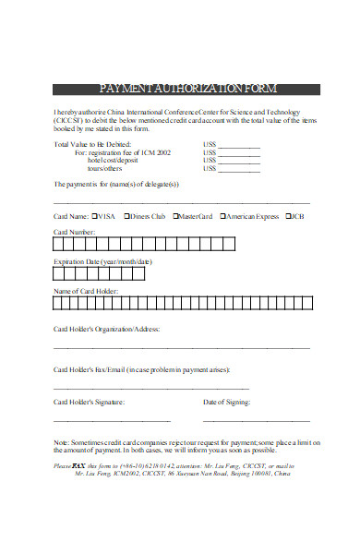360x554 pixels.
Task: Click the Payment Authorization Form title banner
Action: [x=186, y=90]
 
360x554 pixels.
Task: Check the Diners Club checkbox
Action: [x=126, y=216]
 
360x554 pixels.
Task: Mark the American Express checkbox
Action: [x=222, y=216]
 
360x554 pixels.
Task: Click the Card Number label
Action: [x=74, y=232]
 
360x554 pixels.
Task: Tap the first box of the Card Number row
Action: [x=60, y=246]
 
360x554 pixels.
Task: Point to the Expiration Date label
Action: [x=102, y=262]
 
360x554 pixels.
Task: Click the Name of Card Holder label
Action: [x=93, y=292]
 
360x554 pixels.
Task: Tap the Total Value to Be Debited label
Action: [x=93, y=144]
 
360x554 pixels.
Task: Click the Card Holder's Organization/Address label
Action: [x=106, y=329]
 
